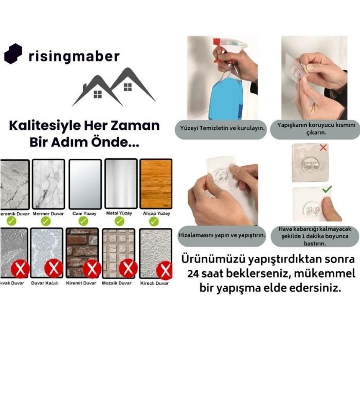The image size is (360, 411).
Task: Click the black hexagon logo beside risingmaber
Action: (13, 54)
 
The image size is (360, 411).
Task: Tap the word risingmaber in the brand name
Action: (74, 57)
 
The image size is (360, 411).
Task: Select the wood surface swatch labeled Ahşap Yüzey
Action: (156, 184)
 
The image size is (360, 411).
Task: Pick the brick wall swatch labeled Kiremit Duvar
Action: (82, 253)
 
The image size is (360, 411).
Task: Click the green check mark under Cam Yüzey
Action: (83, 221)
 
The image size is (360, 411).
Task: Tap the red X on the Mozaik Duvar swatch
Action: (128, 268)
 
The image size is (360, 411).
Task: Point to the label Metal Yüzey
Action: (119, 213)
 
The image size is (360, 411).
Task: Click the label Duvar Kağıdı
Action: (45, 283)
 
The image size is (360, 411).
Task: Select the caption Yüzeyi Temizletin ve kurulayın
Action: (222, 128)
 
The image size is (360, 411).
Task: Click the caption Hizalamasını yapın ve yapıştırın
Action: (222, 235)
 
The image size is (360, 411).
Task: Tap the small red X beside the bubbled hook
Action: (323, 147)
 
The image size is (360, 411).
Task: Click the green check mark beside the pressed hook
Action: (327, 189)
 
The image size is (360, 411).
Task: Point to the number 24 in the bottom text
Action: (193, 274)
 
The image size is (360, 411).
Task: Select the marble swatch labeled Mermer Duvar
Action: (48, 184)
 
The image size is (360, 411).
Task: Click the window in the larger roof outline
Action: (128, 87)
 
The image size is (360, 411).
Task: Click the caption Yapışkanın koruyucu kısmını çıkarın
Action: (316, 128)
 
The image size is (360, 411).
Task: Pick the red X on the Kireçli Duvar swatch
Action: (165, 271)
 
